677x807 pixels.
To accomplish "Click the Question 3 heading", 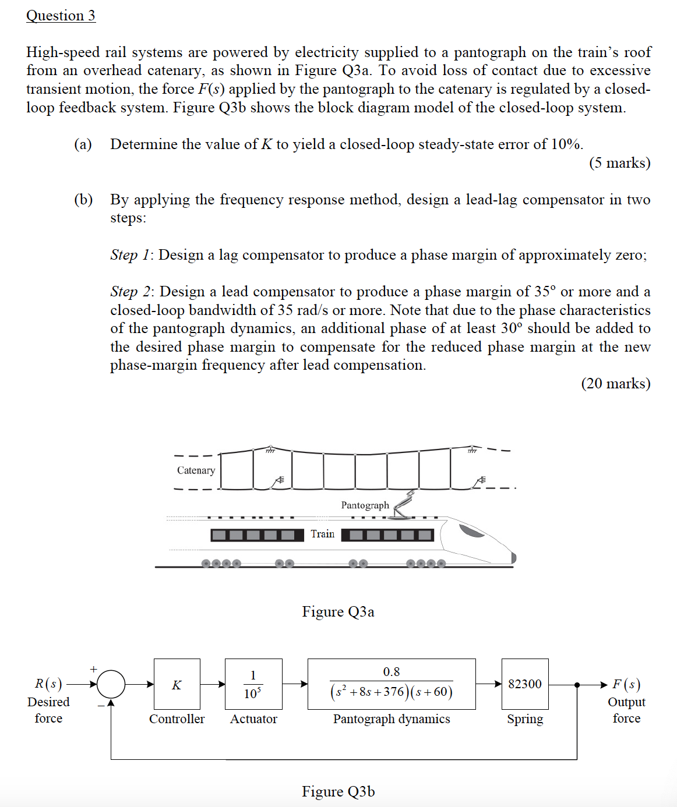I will click(61, 16).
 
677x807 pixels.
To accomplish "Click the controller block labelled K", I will click(177, 684).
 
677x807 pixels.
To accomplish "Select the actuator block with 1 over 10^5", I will click(253, 684).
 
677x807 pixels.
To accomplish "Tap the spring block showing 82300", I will click(525, 684).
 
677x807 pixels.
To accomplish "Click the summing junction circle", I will click(111, 684).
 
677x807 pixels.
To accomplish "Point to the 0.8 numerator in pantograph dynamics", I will click(391, 672).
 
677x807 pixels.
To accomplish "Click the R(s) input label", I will click(48, 684).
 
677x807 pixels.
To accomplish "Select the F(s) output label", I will click(626, 684).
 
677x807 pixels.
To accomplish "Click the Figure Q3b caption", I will click(338, 792).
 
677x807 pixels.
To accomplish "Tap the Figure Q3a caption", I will click(338, 612).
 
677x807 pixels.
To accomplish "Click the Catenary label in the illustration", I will click(196, 470).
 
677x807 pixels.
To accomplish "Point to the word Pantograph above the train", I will click(365, 505).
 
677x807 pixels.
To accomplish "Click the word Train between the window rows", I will click(322, 534).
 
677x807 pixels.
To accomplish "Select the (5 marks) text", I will click(619, 163).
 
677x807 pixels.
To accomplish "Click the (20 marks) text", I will click(616, 384).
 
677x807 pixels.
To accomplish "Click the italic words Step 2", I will click(131, 292).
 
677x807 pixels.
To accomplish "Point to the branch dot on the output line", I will click(577, 685).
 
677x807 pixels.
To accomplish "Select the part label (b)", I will click(83, 200).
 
